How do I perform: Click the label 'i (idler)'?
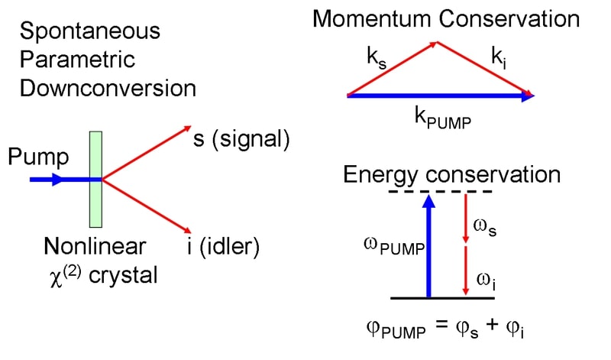coord(228,246)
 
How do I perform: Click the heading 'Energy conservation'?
coord(451,174)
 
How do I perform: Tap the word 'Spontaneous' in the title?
coord(91,32)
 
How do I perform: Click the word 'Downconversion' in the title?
coord(108,88)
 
